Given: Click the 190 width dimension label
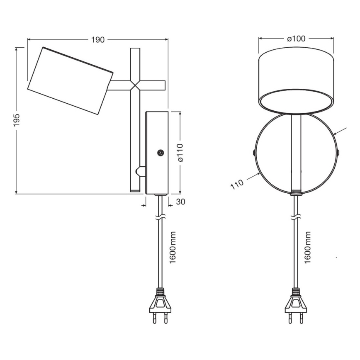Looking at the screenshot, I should tap(97, 40).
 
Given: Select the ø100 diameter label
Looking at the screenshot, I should tap(296, 39).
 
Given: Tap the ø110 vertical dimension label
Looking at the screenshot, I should tap(181, 153).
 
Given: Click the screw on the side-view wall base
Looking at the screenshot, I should tap(160, 153).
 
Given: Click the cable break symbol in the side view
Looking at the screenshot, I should tap(161, 216).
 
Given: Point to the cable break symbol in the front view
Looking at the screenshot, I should tap(295, 216).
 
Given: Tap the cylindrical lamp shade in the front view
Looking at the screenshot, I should tap(296, 81).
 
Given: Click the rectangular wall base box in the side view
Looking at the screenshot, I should tap(156, 153).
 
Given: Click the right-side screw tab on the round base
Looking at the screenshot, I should tap(339, 153).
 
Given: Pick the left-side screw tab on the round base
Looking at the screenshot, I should tap(253, 153).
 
